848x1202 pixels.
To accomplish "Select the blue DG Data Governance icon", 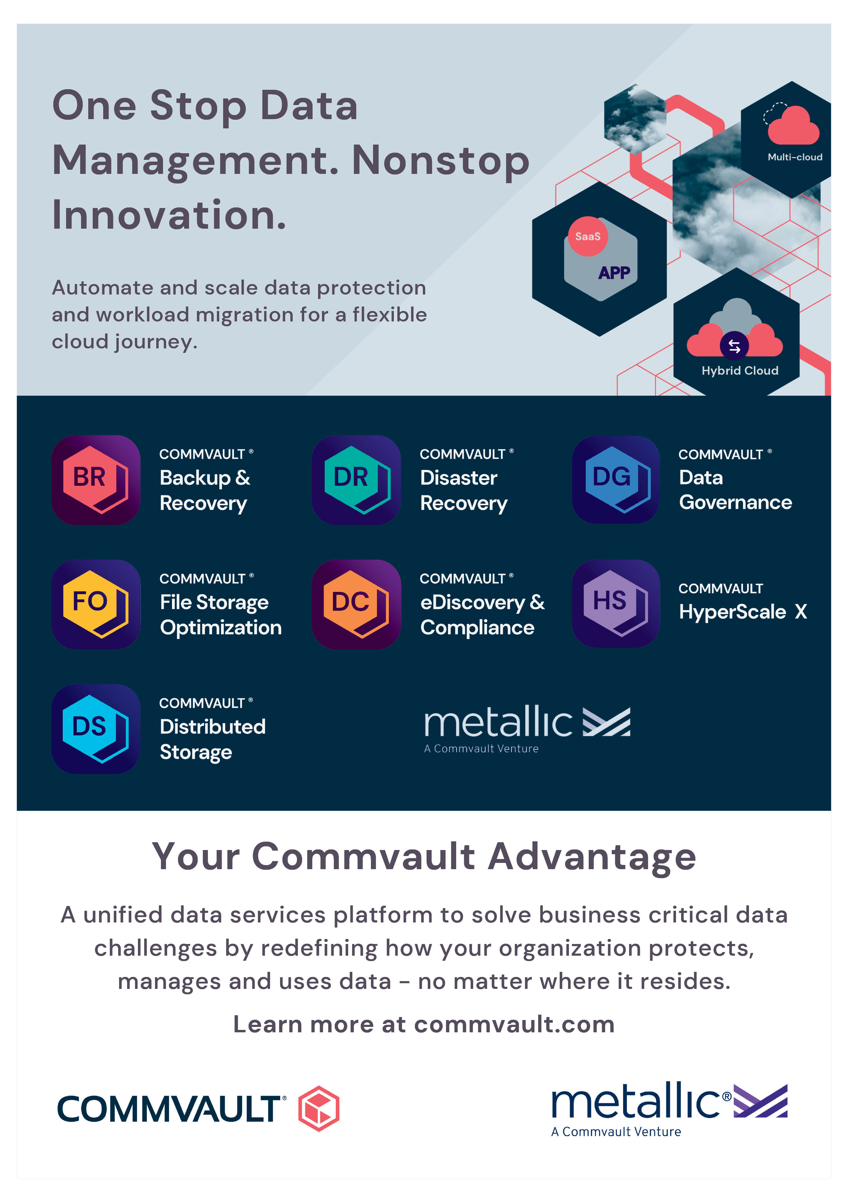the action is (x=616, y=479).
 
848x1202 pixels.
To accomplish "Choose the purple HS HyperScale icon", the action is (x=616, y=604).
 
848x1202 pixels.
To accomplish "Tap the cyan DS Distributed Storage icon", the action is (x=96, y=729).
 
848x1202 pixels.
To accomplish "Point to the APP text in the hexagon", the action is (x=614, y=273).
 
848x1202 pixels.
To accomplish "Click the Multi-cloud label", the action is (x=795, y=157).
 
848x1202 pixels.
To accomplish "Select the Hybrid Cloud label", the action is (x=740, y=371).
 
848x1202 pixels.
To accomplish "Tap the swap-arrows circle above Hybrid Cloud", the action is (x=734, y=345).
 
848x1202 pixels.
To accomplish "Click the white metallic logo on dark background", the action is (x=527, y=728).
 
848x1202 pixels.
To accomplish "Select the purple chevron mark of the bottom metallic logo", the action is (x=760, y=1101).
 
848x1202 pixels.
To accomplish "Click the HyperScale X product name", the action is (x=743, y=611).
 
